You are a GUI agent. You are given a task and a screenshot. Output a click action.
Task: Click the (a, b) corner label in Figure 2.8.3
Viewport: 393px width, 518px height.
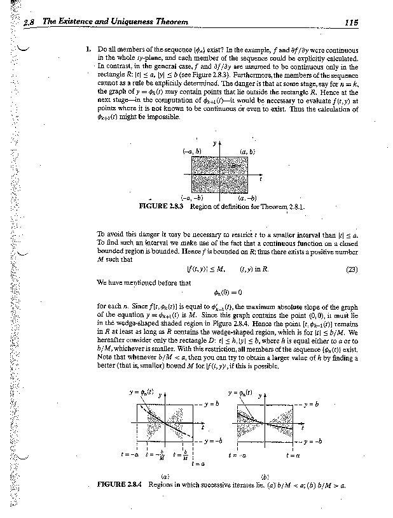click(247, 152)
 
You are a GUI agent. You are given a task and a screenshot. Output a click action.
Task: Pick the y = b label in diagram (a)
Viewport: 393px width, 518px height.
click(212, 405)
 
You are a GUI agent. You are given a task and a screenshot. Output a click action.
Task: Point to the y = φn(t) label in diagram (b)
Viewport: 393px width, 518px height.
click(240, 391)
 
